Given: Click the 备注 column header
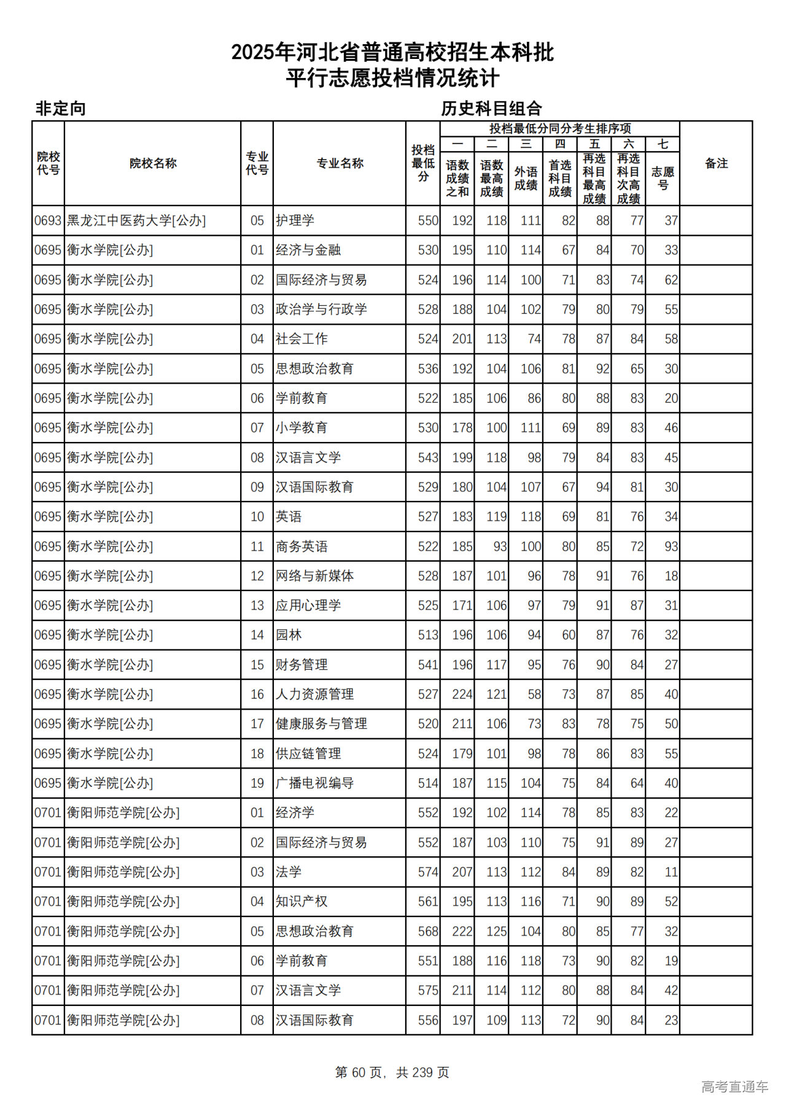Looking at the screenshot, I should coord(716,163).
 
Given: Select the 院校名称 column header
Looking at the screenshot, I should coord(153,163).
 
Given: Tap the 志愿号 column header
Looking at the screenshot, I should coord(663,178).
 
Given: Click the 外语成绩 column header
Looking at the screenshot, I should coord(526,178).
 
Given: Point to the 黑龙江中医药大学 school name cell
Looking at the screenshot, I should coord(136,220).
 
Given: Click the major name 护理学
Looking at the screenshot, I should coord(295,220).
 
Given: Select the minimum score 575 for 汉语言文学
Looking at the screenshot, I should coord(427,991).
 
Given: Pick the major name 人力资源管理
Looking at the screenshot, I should coord(314,694).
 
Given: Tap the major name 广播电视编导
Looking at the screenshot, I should coord(314,783).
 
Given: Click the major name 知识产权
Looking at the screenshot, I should coord(302,902).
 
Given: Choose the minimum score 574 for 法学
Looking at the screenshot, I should coord(427,872).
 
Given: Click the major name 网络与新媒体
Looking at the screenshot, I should coord(314,576).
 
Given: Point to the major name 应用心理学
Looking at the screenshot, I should coord(308,605).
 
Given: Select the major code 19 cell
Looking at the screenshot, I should coord(257,783).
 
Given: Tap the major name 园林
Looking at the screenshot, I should coord(289,635).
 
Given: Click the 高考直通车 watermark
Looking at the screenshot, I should coord(734,1087).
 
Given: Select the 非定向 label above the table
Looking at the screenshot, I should coord(60,109).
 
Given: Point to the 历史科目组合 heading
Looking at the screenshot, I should coord(491,109).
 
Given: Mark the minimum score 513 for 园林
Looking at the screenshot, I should coord(427,635).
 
